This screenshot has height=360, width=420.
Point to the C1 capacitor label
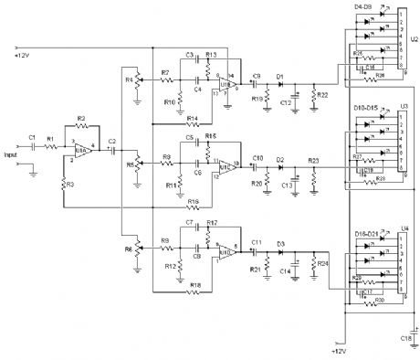pos(32,138)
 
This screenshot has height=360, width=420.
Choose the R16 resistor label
pos(193,200)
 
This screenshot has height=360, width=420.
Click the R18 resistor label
pos(194,285)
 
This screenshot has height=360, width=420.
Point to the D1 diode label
pos(279,76)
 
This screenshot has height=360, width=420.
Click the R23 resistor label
pos(313,160)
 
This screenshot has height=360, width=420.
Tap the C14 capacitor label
pos(286,272)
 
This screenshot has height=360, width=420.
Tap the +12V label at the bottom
pos(340,349)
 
